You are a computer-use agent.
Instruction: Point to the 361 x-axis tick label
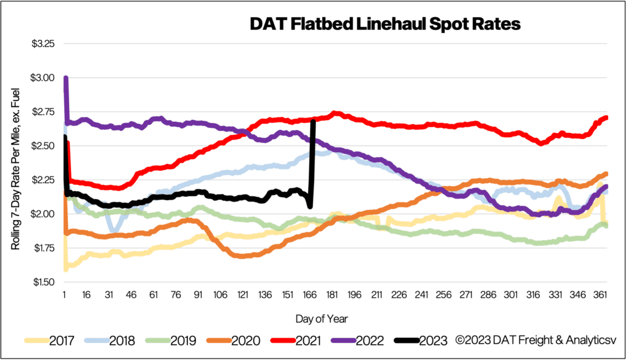tap(600, 294)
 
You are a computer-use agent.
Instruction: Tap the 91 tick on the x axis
tap(198, 294)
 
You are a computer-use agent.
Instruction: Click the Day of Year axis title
tap(335, 318)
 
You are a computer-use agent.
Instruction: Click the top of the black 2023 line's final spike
tap(313, 121)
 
